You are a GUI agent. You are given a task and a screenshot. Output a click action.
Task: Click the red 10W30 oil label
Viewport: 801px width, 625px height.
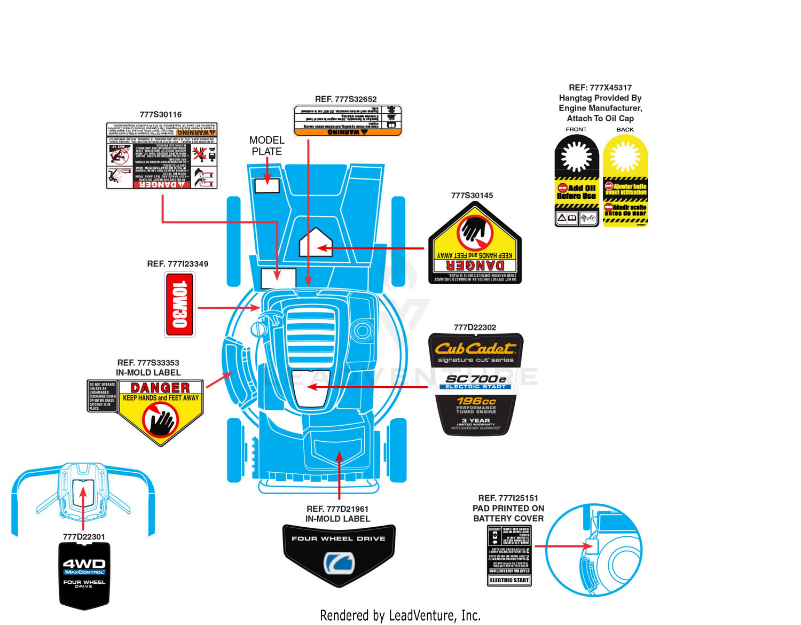coord(179,304)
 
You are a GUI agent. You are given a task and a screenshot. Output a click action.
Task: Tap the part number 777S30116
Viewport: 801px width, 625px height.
coord(161,115)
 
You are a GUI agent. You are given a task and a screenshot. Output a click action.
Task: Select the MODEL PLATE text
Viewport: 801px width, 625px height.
coord(267,146)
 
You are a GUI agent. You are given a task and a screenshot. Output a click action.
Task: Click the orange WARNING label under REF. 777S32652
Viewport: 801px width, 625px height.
coord(348,131)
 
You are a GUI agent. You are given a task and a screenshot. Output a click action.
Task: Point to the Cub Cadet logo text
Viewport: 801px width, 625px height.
coord(475,349)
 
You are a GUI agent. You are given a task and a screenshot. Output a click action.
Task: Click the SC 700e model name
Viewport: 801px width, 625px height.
coord(475,379)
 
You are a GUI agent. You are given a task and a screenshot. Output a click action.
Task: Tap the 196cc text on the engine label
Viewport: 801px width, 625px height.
coord(476,401)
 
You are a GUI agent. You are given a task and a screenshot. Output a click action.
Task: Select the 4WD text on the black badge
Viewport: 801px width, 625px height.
coord(84,564)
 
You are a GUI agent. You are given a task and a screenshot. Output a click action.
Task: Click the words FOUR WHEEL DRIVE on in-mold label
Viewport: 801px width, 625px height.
coord(339,538)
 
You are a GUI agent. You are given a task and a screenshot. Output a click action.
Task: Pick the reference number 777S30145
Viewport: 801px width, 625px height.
coord(472,196)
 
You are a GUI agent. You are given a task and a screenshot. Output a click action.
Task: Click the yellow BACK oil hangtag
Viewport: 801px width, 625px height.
coord(625,182)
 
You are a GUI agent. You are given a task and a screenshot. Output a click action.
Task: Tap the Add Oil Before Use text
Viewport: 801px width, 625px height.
coord(577,192)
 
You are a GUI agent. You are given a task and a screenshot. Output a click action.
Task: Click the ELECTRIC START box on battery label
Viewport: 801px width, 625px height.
coord(509,580)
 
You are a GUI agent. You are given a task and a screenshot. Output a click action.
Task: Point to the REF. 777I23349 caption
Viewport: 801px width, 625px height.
coord(178,264)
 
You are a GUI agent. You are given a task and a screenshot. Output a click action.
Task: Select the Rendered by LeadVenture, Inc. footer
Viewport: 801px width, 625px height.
coord(400,615)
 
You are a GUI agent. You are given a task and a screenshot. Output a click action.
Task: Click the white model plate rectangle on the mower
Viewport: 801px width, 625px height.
coord(267,185)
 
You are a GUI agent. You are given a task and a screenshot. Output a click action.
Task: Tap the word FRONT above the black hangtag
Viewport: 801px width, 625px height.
coord(576,129)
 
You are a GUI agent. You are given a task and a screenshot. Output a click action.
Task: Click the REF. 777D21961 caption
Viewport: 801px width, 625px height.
coord(337,509)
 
